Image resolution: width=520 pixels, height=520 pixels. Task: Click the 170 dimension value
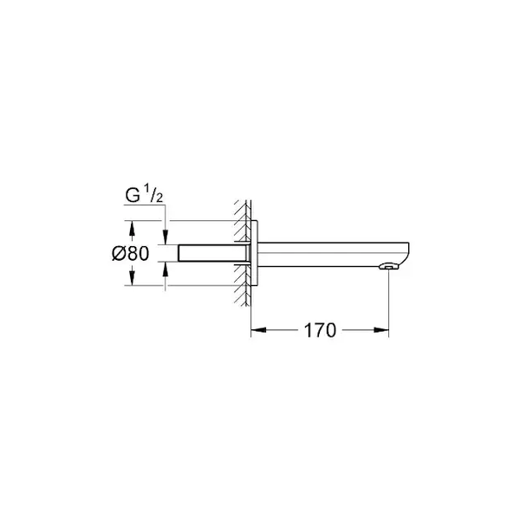click(320, 331)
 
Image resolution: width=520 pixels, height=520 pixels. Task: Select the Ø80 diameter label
click(131, 253)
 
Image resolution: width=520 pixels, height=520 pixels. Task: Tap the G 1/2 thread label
click(144, 195)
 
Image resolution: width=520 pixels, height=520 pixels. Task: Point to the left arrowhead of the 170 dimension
click(258, 330)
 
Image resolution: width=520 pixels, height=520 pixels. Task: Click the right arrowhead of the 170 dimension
click(381, 330)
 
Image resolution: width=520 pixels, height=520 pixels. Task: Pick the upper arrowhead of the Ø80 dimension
click(132, 228)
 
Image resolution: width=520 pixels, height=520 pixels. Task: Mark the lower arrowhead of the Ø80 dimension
click(132, 277)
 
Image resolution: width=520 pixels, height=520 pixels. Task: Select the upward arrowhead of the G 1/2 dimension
click(166, 269)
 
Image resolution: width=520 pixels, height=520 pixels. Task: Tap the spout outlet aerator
click(388, 266)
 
